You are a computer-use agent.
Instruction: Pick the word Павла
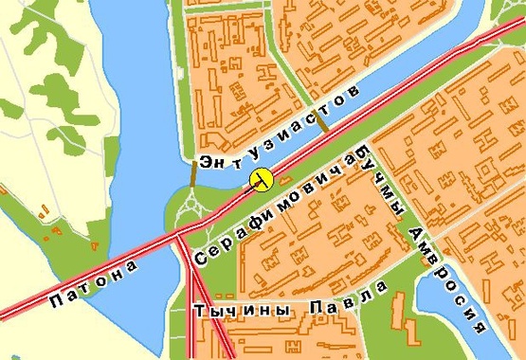coord(351,295)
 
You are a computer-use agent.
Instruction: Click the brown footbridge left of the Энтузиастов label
coord(194,173)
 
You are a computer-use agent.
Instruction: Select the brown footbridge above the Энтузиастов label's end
coord(323,122)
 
